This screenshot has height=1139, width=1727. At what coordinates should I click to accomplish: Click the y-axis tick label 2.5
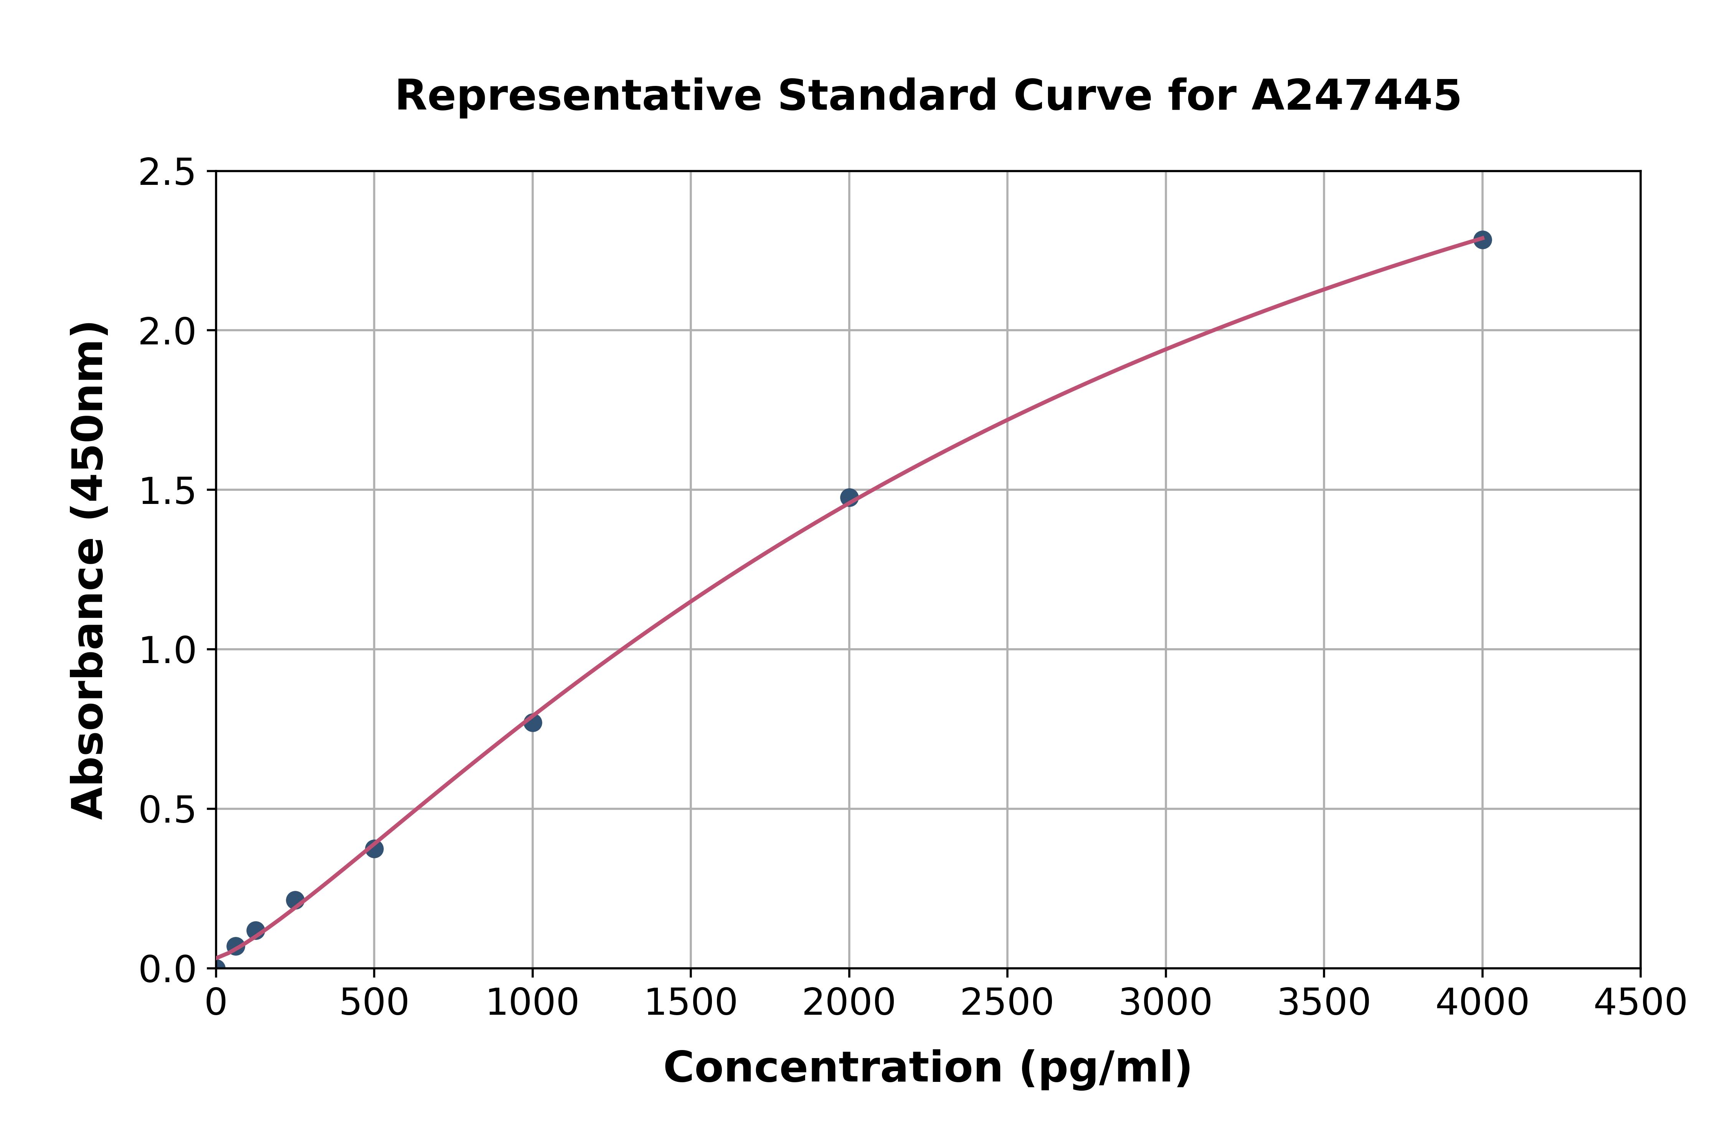pyautogui.click(x=167, y=173)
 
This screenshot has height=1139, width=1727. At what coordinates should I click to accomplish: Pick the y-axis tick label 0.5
pyautogui.click(x=167, y=810)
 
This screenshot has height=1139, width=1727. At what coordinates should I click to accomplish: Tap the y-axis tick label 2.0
pyautogui.click(x=167, y=332)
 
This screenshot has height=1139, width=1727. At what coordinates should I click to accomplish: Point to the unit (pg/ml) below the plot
pyautogui.click(x=1105, y=1068)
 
